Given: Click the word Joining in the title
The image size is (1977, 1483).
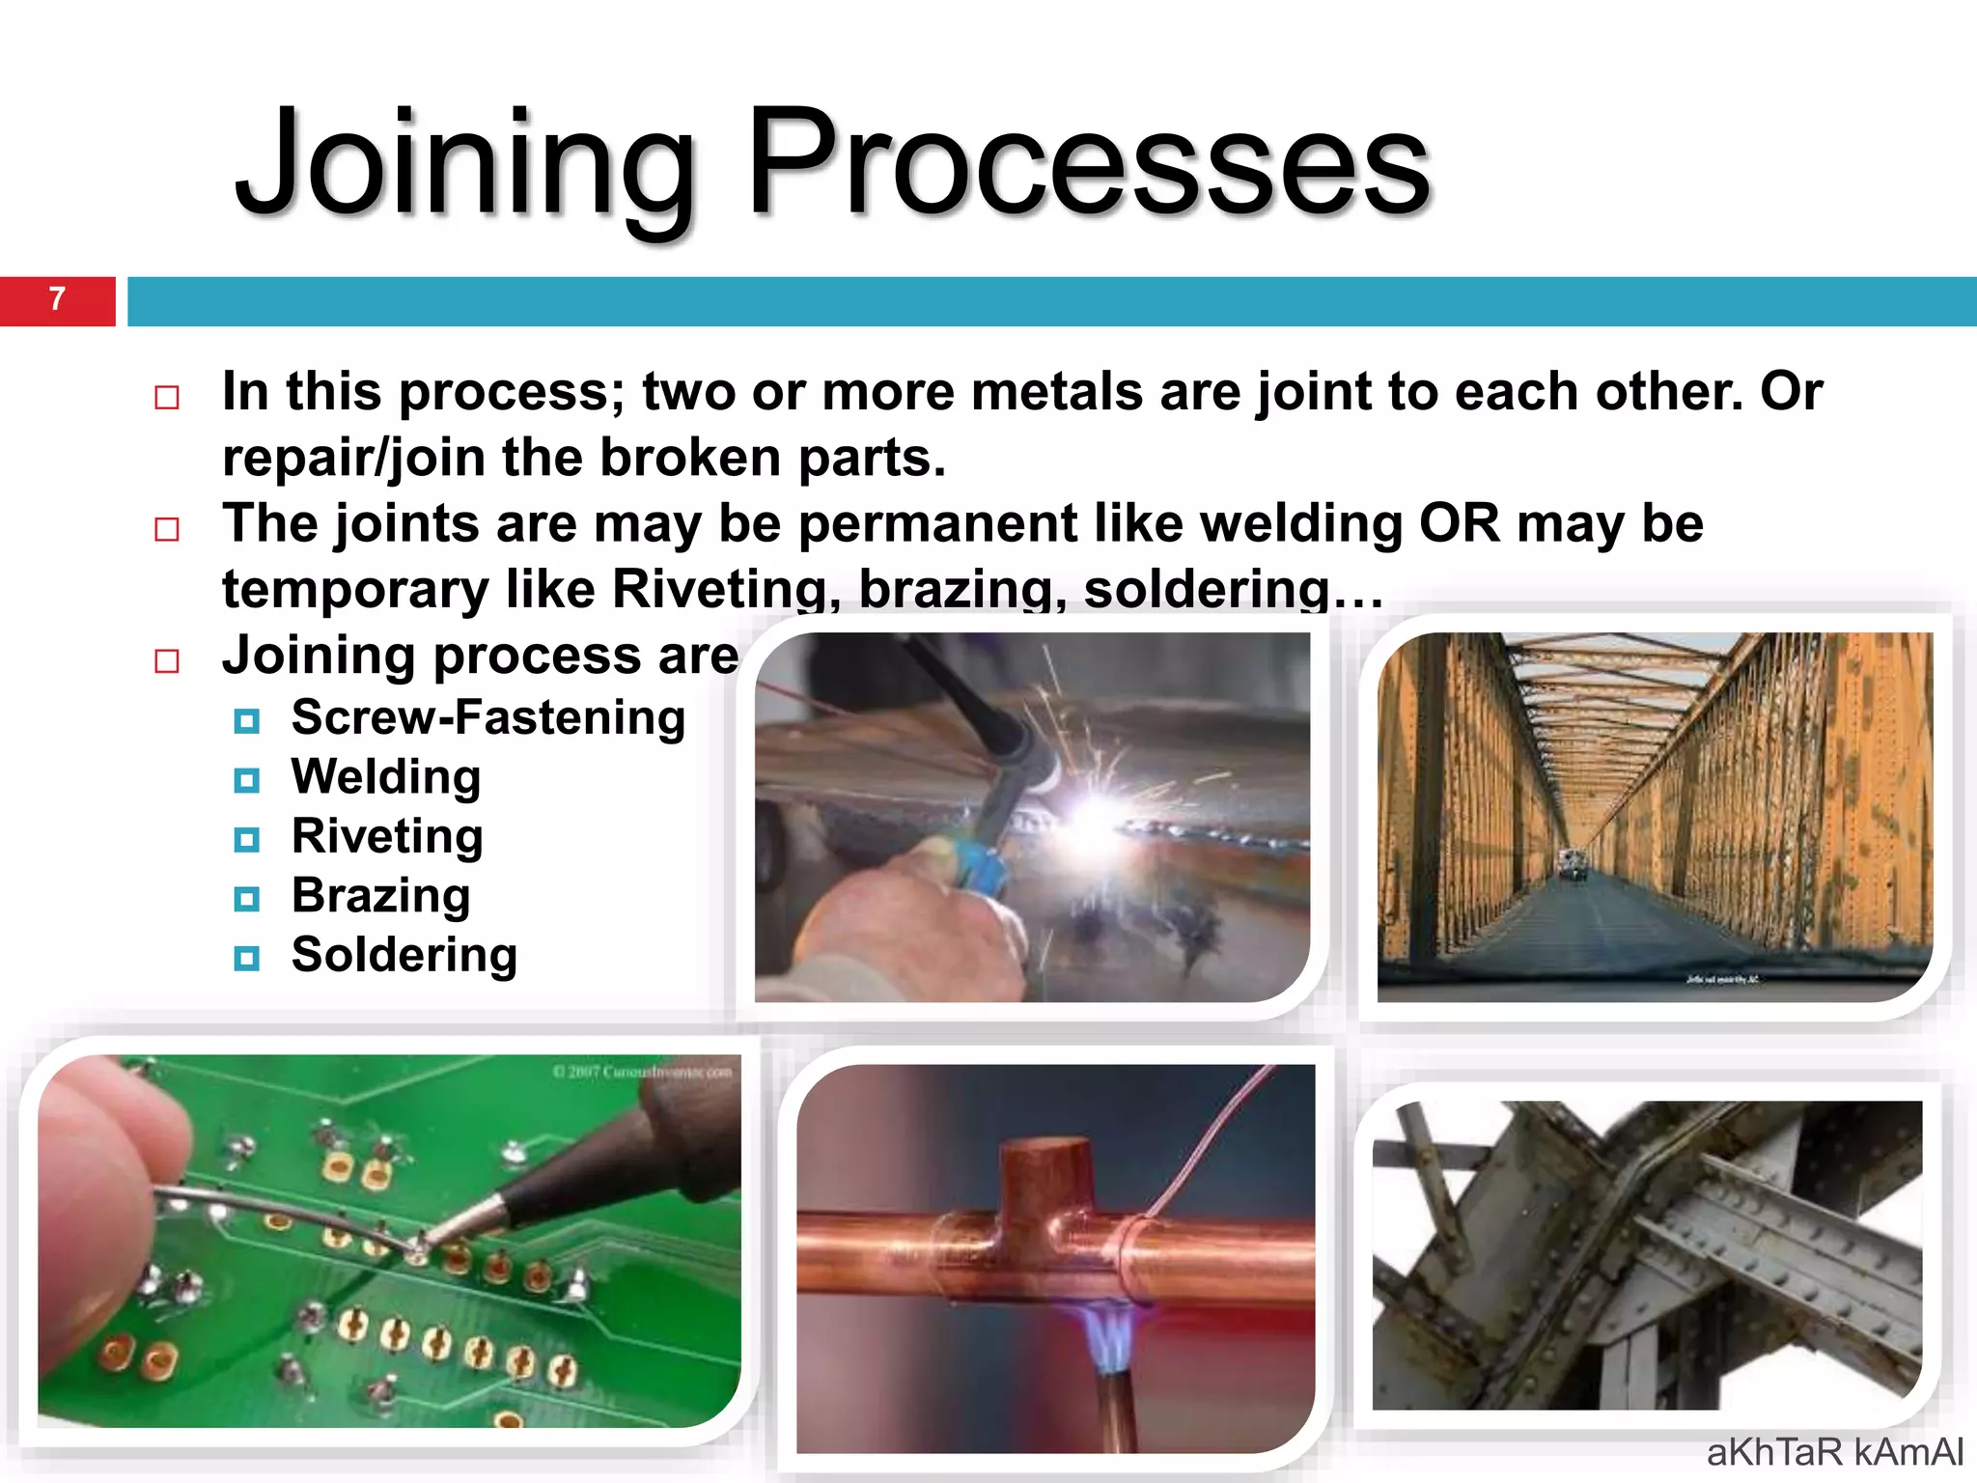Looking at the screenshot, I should (x=463, y=164).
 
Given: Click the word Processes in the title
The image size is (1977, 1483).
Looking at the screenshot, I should (x=1089, y=164).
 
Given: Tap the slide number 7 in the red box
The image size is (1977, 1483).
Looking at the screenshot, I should (x=57, y=299).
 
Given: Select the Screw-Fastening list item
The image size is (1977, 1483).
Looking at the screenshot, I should (x=488, y=718).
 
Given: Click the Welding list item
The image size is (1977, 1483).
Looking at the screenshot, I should (x=386, y=778).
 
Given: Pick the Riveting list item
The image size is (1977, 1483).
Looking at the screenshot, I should (x=387, y=837).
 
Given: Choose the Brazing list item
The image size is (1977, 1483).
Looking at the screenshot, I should (x=381, y=897).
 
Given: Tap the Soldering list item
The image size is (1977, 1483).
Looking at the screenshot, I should (x=404, y=956).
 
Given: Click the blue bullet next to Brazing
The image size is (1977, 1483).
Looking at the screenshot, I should (x=247, y=899).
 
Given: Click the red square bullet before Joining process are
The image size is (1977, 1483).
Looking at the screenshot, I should (x=167, y=661).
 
